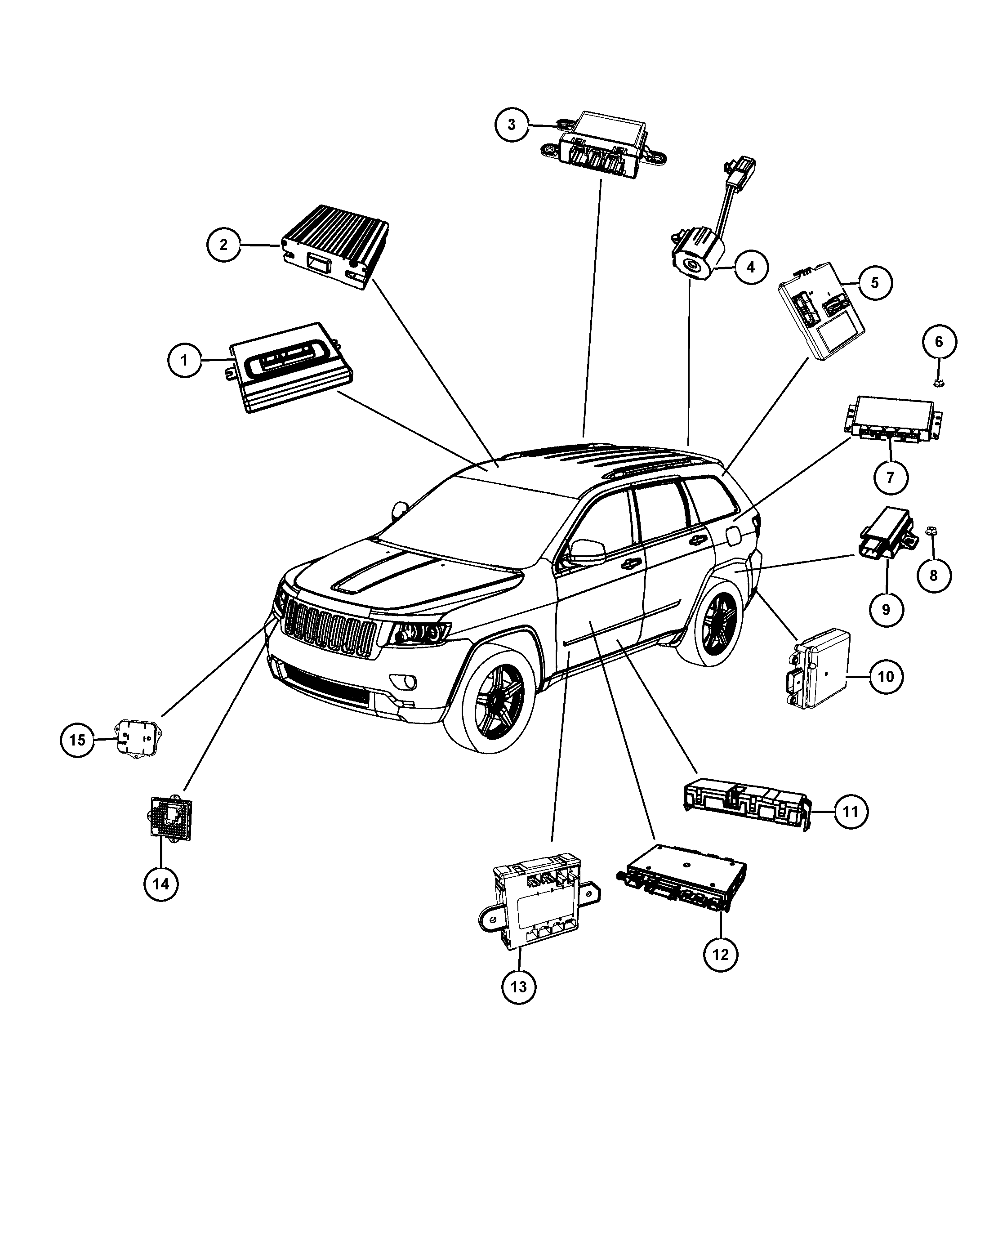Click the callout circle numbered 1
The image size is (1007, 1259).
(x=184, y=360)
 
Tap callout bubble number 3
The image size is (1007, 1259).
(x=512, y=125)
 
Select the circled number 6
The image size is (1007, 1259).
(x=939, y=342)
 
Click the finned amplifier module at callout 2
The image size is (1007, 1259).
(x=335, y=246)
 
